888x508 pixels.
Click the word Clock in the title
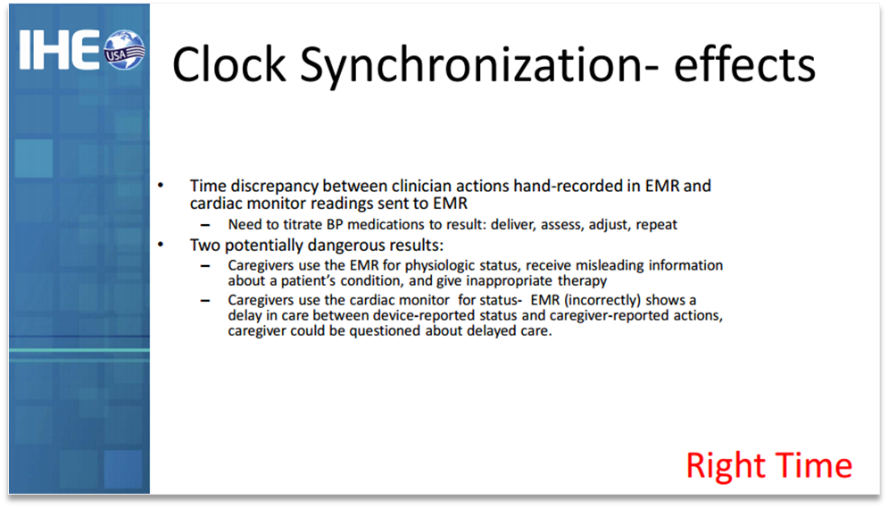pyautogui.click(x=228, y=64)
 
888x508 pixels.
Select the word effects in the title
pyautogui.click(x=744, y=64)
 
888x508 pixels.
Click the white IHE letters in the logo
pyautogui.click(x=59, y=50)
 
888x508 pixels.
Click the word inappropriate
pyautogui.click(x=509, y=281)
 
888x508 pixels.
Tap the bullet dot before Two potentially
pyautogui.click(x=161, y=245)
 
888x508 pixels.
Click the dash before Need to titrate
pyautogui.click(x=205, y=225)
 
